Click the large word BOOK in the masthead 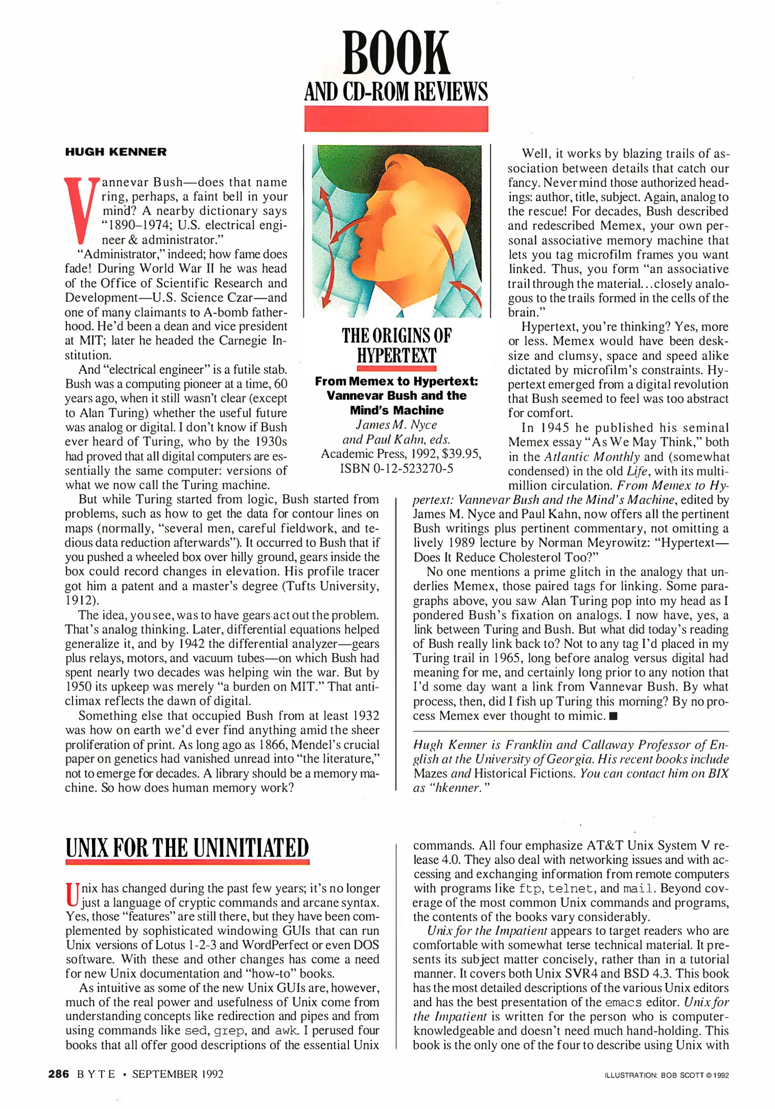click(396, 53)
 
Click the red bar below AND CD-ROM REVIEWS click(396, 119)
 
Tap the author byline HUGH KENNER click(116, 152)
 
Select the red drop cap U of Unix click(72, 895)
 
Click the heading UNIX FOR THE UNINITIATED click(187, 848)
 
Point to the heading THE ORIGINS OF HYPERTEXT click(396, 345)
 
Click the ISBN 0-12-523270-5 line click(396, 468)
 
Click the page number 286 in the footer click(59, 1074)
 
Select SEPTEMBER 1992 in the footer click(178, 1074)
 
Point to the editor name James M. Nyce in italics click(396, 425)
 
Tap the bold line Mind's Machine click(396, 410)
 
